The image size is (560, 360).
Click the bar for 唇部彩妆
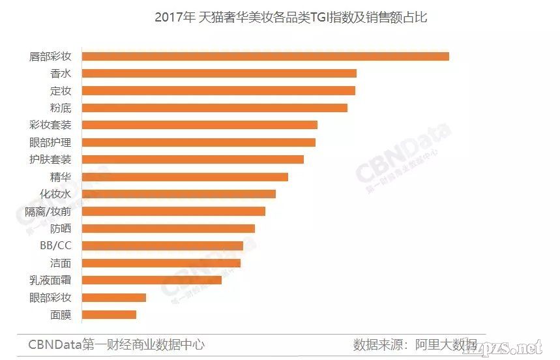265,56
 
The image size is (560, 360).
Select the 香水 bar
218,73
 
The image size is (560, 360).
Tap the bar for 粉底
214,108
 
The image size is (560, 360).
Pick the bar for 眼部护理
198,142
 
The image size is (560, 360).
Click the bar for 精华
184,177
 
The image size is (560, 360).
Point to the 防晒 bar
168,228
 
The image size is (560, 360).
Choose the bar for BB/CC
162,246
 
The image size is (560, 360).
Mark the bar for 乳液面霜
151,280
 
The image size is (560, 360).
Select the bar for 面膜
108,314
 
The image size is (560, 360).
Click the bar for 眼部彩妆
113,297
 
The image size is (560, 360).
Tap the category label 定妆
61,91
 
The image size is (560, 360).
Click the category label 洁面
61,263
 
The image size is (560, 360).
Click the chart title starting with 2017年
291,18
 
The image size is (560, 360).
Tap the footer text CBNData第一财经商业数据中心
116,344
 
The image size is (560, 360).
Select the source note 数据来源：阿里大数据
415,344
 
